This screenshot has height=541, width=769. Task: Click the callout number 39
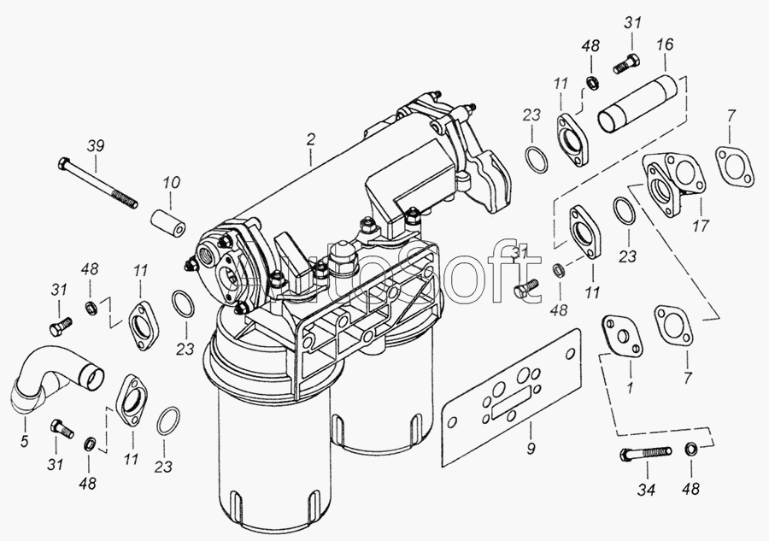point(96,145)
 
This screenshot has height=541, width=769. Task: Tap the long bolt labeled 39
point(97,182)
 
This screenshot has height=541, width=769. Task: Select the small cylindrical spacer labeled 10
point(168,223)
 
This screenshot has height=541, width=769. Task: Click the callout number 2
point(310,139)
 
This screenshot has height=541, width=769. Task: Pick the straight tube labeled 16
point(637,104)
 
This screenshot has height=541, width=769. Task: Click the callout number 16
point(665,44)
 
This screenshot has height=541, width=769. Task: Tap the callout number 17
point(701,226)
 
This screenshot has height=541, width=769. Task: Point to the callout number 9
point(531,449)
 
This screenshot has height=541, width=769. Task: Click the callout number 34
point(647,489)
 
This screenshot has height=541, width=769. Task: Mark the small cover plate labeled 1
point(622,336)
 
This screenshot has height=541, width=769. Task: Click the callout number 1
point(631,387)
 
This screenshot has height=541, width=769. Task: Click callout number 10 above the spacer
point(171,182)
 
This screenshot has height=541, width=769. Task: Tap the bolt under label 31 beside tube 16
point(627,64)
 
